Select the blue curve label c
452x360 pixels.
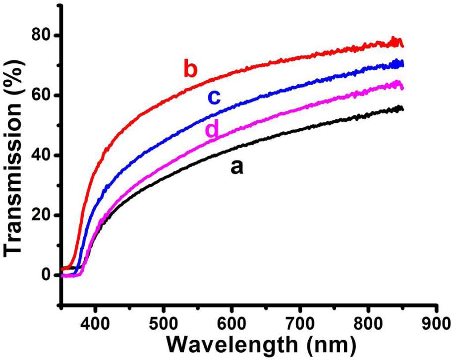tap(214, 98)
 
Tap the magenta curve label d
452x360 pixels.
tap(212, 129)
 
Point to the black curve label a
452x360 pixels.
tap(237, 168)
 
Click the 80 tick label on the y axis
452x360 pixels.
tap(41, 36)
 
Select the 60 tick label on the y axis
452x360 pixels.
tap(41, 96)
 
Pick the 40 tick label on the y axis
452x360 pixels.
tap(41, 155)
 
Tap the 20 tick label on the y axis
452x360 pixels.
tap(41, 215)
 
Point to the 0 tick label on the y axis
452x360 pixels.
tap(47, 275)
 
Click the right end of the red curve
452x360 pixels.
tap(403, 45)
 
